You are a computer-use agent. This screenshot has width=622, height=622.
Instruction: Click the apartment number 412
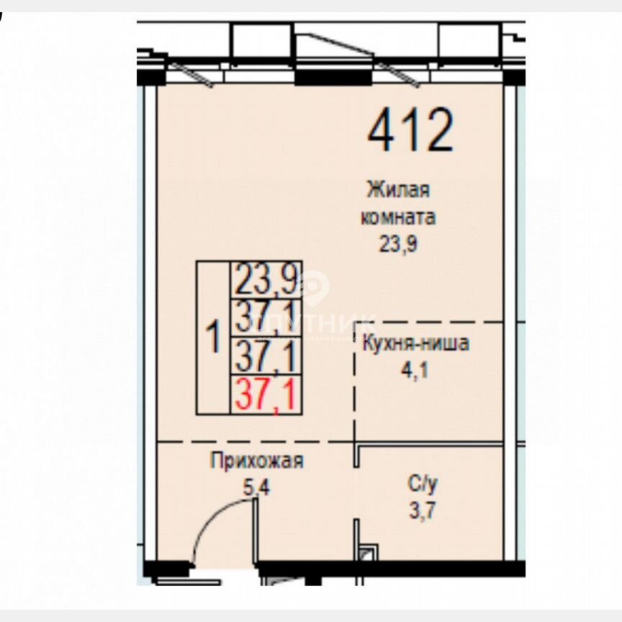411,130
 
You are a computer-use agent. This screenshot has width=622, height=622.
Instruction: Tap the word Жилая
398,191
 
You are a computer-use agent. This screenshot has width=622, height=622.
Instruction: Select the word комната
398,217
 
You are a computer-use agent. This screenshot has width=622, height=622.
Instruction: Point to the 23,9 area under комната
398,243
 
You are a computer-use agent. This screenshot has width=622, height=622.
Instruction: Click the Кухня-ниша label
416,343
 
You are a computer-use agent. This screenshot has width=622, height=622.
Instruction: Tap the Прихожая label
257,461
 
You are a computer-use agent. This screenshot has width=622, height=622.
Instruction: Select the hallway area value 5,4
256,487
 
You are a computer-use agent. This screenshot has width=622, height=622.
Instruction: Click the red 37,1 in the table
266,395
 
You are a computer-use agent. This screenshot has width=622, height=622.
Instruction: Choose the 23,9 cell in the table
266,279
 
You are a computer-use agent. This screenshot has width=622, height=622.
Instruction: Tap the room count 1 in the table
213,337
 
